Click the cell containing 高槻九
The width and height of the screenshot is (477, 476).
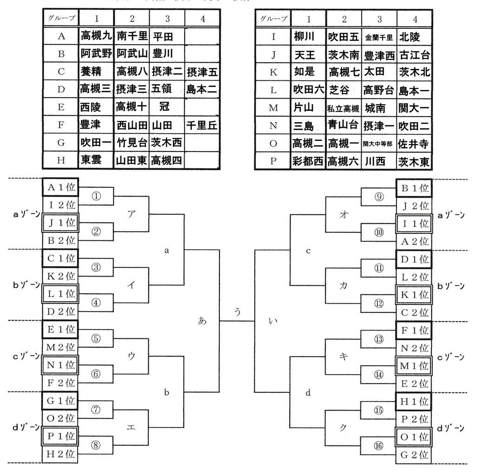pos(96,35)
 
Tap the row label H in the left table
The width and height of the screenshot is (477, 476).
pos(61,160)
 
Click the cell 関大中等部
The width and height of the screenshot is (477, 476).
pos(379,144)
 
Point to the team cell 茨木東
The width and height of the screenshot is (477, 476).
pos(414,162)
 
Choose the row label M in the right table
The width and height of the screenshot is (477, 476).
pos(273,108)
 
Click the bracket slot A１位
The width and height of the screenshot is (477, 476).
pos(60,187)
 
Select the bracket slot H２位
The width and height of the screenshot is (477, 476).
pos(60,454)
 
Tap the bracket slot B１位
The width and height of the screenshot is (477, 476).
pos(414,187)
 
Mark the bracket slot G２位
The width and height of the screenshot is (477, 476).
pos(414,454)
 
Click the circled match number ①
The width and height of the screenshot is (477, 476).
pos(96,196)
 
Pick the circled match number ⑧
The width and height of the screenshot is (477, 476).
pos(96,445)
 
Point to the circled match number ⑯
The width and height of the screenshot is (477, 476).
pos(379,445)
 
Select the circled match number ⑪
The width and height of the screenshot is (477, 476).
pos(379,267)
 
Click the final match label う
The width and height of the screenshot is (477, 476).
pos(238,312)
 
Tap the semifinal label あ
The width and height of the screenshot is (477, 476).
pos(202,321)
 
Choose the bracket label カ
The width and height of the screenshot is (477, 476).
pos(344,285)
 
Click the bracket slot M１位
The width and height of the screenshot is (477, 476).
pos(414,365)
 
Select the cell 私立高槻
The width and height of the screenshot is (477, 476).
pos(344,109)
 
